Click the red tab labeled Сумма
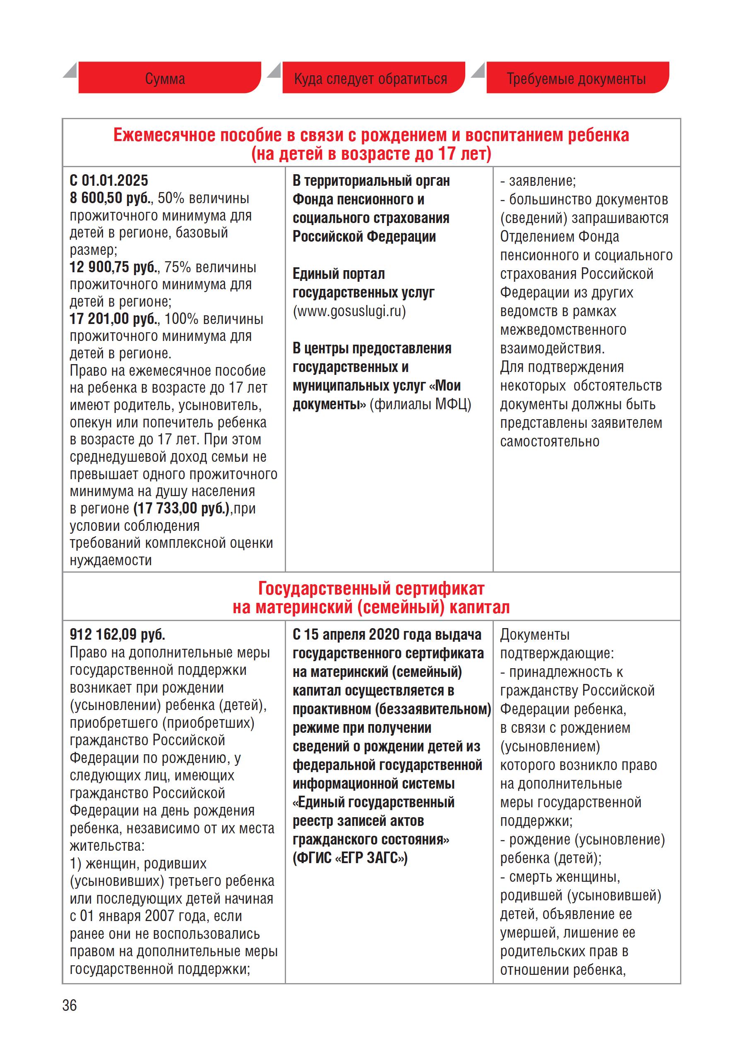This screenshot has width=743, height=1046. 165,79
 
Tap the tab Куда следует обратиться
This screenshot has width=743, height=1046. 370,79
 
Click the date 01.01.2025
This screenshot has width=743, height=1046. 115,181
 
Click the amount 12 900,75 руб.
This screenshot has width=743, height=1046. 114,267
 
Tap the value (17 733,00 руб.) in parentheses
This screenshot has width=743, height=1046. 182,508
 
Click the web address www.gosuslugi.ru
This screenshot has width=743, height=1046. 349,312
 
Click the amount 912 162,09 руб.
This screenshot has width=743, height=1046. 117,634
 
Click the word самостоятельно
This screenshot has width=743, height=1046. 549,442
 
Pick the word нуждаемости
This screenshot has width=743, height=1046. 111,560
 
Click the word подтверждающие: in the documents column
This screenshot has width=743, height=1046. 557,653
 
